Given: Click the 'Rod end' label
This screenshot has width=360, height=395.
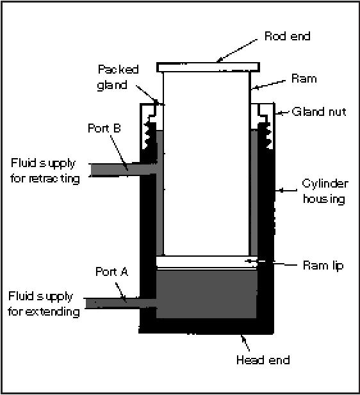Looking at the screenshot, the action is [287, 36].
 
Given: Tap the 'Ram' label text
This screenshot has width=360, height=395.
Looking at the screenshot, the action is [304, 79].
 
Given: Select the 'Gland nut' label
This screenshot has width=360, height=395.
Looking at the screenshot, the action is [319, 111].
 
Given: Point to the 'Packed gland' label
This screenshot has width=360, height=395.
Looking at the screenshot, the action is [118, 77].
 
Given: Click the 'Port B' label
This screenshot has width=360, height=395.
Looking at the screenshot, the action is [104, 128].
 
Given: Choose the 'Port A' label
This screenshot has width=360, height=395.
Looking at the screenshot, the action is [111, 271].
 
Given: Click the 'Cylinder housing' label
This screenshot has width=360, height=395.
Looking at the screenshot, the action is [325, 191].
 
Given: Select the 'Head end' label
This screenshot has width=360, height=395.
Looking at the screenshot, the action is [263, 360].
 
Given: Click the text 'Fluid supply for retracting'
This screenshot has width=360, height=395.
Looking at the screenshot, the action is [45, 172].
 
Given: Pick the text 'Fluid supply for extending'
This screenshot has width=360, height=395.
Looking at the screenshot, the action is [44, 304].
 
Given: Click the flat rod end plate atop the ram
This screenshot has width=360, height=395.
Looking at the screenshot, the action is [208, 67].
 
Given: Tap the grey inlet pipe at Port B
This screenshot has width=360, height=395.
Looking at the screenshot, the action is [124, 169].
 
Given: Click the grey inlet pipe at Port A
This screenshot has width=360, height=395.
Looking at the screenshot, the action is [121, 303].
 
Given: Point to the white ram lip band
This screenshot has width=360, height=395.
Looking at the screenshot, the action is [207, 262].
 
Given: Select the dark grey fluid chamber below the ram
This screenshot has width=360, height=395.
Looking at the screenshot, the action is [206, 294].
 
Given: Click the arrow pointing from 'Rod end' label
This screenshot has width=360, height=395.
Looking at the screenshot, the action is [237, 51].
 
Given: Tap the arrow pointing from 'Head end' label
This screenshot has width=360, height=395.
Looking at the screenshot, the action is [245, 343].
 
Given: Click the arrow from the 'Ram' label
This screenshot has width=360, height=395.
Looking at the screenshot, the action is [268, 85].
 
